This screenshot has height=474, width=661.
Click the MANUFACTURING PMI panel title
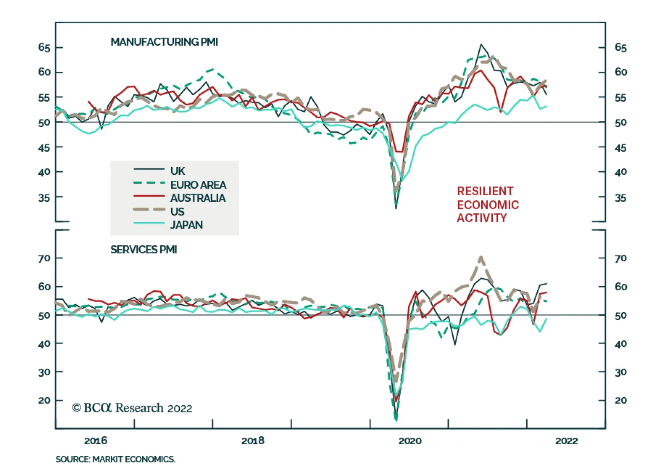(164, 42)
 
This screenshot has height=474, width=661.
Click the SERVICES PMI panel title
(143, 250)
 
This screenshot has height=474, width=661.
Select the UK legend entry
(178, 171)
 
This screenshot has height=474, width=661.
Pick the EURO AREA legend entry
(198, 184)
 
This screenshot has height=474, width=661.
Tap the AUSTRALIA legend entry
(197, 198)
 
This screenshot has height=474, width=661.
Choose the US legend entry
(177, 212)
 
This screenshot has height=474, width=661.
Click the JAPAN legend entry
(186, 225)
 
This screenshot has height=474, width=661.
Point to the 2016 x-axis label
(95, 441)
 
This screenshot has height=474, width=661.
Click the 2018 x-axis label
(253, 441)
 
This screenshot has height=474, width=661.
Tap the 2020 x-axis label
(410, 441)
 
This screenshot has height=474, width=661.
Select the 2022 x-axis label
(567, 441)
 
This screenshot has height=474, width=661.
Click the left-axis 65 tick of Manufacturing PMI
(44, 48)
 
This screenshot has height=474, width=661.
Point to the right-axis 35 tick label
(621, 198)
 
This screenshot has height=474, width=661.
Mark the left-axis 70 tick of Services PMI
(44, 259)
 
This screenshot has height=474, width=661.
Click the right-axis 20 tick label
(621, 400)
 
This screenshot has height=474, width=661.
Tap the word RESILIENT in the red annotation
(485, 191)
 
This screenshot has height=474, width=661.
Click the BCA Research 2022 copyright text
(132, 408)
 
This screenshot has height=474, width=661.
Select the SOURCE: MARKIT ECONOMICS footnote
(115, 460)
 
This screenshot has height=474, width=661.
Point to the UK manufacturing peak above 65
(481, 45)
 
